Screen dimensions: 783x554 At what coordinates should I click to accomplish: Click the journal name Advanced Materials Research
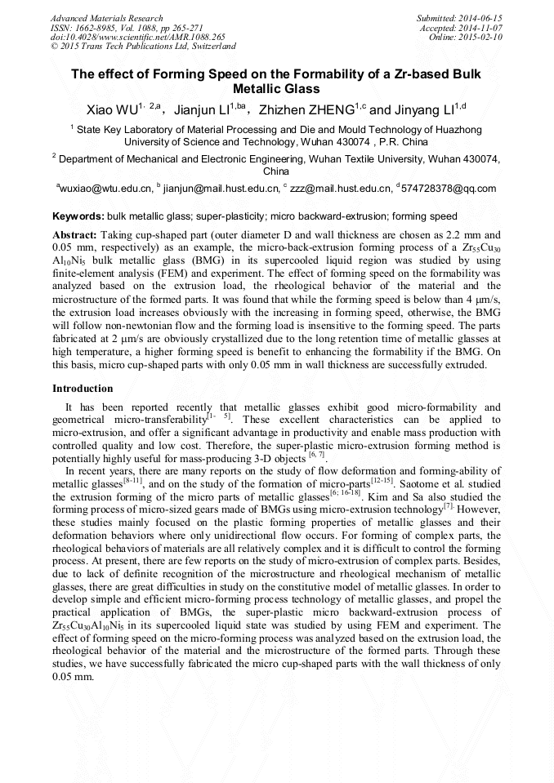point(106,18)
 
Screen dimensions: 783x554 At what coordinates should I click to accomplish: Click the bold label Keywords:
point(78,217)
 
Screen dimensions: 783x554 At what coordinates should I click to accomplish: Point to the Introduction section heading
point(83,389)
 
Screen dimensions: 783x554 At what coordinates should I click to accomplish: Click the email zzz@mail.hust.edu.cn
point(338,189)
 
